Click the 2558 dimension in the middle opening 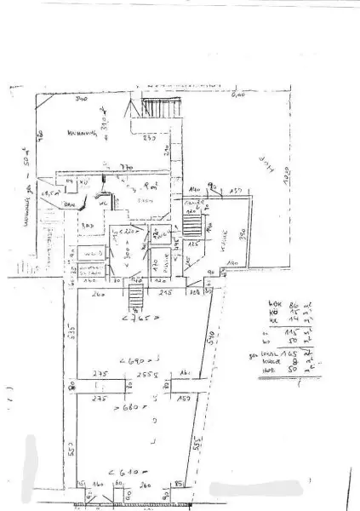tap(136, 374)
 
